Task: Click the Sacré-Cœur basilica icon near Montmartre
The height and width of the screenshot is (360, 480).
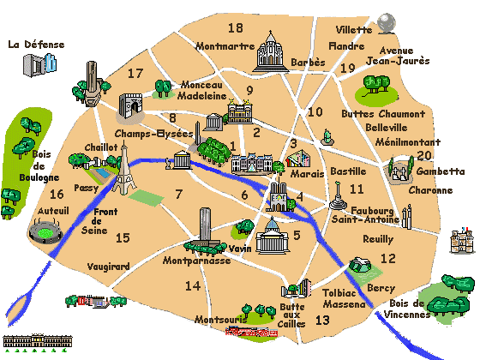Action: [270, 53]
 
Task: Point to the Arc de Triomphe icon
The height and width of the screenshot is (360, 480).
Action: [129, 106]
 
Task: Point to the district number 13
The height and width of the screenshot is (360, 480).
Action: [322, 321]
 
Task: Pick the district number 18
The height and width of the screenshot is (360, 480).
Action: [234, 27]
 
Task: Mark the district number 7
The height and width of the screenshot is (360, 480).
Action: [178, 194]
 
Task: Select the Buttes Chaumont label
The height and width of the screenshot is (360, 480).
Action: [395, 114]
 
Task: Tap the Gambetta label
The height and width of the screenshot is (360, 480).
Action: [435, 171]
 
